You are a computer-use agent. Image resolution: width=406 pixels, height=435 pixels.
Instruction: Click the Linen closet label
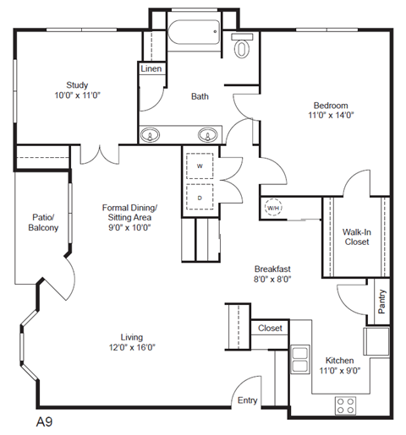click(151, 68)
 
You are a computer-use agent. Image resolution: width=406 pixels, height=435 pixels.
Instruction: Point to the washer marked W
click(200, 166)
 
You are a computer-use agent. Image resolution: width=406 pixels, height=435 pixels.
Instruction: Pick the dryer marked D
click(200, 198)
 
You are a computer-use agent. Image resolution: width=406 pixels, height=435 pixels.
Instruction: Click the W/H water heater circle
click(273, 207)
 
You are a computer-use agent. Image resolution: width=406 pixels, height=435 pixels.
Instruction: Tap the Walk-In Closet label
click(354, 237)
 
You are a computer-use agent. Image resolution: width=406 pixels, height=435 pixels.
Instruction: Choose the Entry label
click(247, 400)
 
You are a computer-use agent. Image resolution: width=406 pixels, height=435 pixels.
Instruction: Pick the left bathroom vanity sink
click(153, 134)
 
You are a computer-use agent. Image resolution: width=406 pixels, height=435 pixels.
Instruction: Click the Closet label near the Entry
click(270, 328)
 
